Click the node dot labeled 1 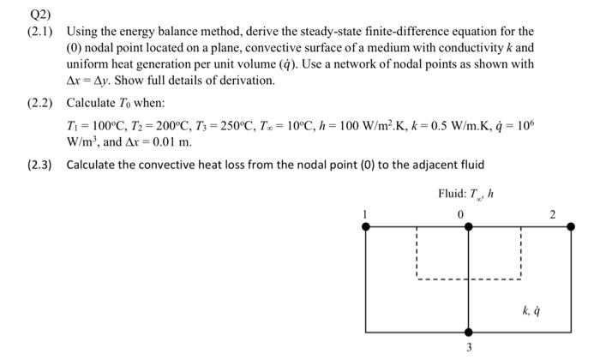[366, 226]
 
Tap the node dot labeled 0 [468, 226]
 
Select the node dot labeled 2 [569, 226]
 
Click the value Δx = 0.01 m [158, 141]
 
